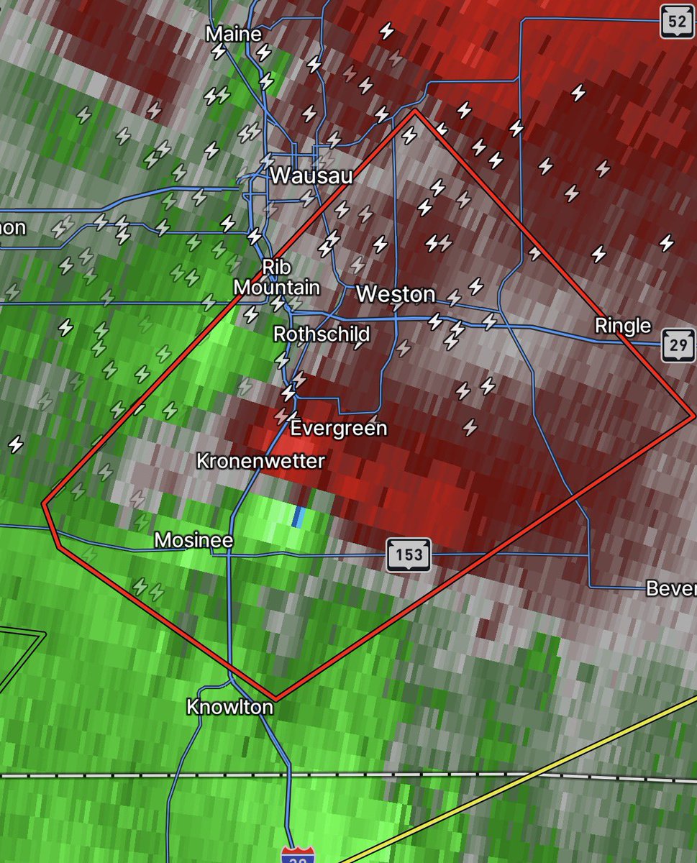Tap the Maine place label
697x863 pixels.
(233, 34)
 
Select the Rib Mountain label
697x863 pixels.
(277, 278)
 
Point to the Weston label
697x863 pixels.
(396, 294)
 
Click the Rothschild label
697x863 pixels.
(322, 334)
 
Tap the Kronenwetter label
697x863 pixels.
(261, 461)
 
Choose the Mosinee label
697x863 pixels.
(193, 540)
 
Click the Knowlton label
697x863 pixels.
(229, 707)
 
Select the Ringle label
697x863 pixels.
(622, 326)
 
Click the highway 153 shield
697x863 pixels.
(409, 554)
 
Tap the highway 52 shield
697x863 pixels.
(677, 22)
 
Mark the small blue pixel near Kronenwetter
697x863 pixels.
(299, 516)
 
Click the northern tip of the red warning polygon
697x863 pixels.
(415, 111)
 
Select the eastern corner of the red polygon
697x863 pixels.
(693, 416)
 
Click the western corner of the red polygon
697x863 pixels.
(45, 504)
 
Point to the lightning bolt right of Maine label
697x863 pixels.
(264, 52)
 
